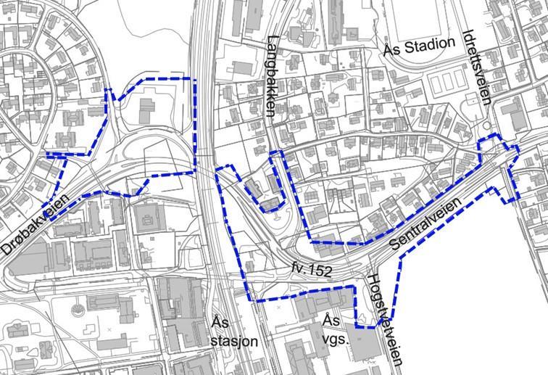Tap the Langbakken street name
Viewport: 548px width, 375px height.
[x=272, y=76]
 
